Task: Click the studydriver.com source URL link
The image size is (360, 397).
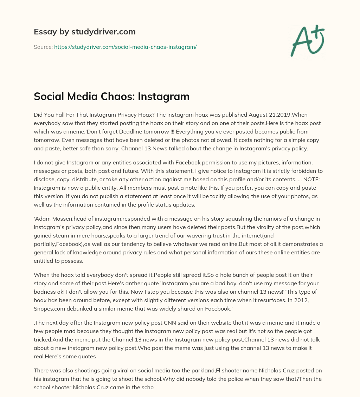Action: [x=125, y=47]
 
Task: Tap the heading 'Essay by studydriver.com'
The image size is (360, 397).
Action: [x=84, y=32]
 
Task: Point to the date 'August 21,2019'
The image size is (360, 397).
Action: [x=267, y=115]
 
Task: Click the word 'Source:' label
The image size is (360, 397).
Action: [x=43, y=47]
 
